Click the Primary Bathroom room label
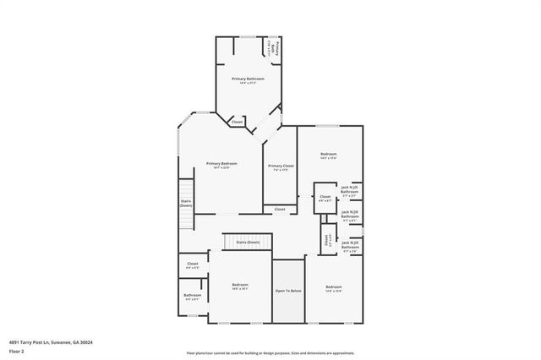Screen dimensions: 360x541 coord(248,79)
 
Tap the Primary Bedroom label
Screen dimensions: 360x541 coord(221,164)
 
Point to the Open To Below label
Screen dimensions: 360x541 coord(287,291)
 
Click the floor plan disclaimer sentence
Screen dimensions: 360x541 coord(270,353)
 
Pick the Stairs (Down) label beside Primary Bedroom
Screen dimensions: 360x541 coord(186,203)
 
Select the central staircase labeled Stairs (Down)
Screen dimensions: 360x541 coord(248,242)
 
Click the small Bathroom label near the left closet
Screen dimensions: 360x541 coord(192,296)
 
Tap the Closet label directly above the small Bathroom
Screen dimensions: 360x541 coord(192,265)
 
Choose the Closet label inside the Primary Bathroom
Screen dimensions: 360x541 coord(237,122)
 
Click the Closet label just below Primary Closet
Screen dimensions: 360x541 coord(279,209)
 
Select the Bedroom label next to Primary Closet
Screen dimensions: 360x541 coord(329,154)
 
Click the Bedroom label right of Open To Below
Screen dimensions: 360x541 coord(333,288)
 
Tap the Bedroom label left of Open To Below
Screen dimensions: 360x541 coord(239,286)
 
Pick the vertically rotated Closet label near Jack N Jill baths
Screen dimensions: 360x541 coord(328,239)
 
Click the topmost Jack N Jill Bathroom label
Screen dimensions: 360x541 coord(350,190)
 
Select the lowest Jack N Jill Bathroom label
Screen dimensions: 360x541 coord(350,248)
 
